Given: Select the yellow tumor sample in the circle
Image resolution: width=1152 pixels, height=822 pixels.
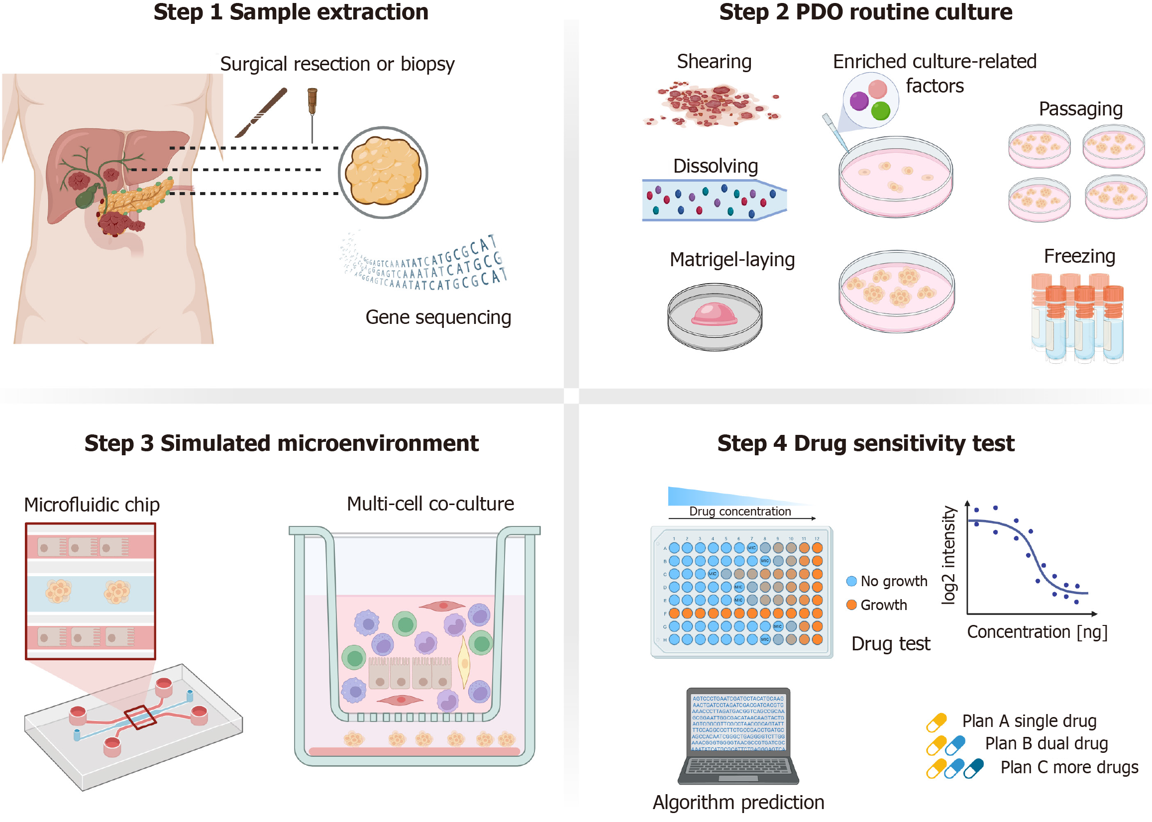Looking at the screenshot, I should (383, 172).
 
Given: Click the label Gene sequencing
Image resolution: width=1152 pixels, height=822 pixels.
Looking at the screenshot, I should (438, 317).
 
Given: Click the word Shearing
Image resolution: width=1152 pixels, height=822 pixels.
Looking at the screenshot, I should (714, 62).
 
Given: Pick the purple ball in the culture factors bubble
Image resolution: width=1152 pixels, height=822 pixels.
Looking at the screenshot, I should (859, 101).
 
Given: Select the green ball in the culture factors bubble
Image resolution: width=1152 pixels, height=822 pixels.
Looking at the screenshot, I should (881, 110).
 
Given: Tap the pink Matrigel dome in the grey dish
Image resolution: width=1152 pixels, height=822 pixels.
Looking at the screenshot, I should (714, 314).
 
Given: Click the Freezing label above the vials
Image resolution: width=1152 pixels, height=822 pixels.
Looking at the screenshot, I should (1080, 256).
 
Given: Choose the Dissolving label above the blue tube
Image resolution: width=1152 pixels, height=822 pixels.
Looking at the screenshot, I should (715, 166).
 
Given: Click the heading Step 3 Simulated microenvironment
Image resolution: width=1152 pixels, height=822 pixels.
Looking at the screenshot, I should (282, 443).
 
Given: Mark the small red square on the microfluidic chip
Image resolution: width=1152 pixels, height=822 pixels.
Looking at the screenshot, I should (140, 717).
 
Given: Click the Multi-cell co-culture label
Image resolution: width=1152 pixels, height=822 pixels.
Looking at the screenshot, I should (430, 504).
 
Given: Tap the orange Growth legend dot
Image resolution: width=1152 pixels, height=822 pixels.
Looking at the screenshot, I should (852, 605).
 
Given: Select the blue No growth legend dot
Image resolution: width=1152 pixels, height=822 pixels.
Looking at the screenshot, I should (852, 581).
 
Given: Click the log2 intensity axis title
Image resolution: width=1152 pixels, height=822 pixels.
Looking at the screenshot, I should (948, 555).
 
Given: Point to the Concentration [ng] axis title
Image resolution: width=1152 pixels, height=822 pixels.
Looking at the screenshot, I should (1037, 632).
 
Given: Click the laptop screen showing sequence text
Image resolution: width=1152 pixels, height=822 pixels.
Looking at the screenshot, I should (738, 722).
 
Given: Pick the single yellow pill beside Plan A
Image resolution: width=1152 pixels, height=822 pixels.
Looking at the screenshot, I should (937, 722).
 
